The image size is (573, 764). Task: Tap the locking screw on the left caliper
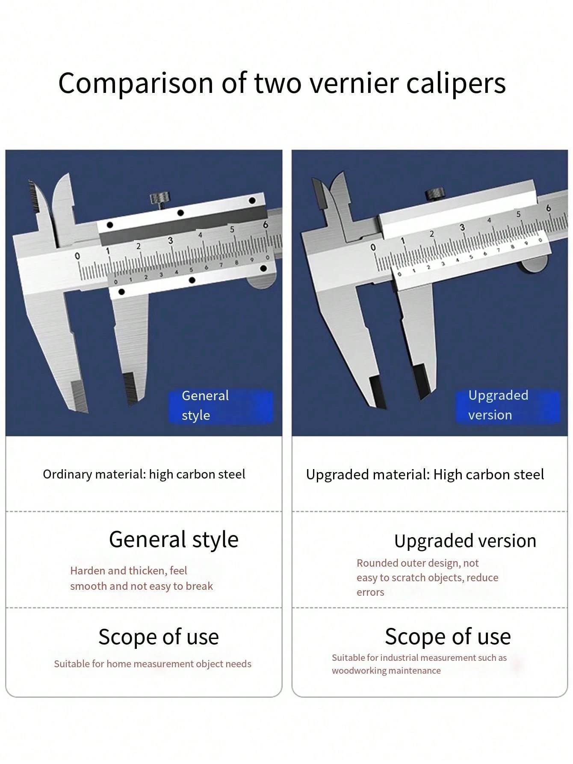point(159,199)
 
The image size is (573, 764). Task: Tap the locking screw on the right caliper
point(434,194)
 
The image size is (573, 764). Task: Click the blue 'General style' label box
point(221,405)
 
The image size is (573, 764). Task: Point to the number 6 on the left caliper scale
point(266,224)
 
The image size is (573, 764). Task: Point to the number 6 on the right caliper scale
point(549,208)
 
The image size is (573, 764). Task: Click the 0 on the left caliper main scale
point(77,256)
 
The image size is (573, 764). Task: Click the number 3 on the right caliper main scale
point(462,227)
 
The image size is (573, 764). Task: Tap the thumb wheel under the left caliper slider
point(262,282)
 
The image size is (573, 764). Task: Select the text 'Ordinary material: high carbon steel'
point(144,474)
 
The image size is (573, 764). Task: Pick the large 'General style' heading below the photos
point(174,539)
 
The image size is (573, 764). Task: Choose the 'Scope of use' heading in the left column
point(159,636)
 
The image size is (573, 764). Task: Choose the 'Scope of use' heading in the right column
point(448,636)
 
